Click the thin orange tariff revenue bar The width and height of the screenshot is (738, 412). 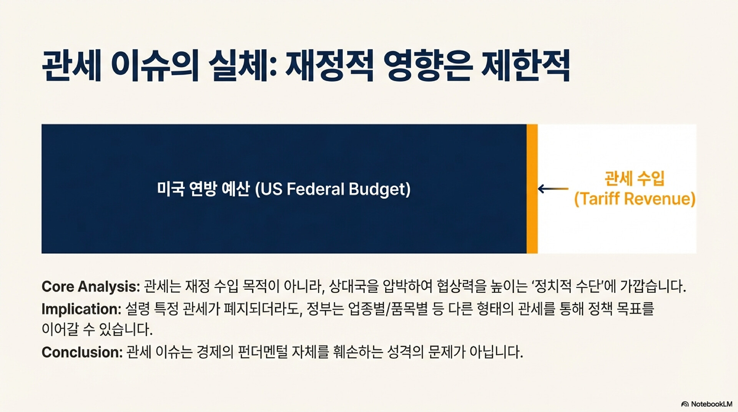pos(532,189)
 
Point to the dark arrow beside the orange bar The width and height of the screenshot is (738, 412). pos(553,189)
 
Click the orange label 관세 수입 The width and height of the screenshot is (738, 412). pos(635,179)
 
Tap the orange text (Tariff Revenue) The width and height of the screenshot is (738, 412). pos(635,199)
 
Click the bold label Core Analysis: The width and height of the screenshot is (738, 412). pos(91,287)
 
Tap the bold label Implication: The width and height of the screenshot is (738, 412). pos(81,309)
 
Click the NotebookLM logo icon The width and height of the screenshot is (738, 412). pos(685,404)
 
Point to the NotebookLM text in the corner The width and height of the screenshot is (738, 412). pos(711,404)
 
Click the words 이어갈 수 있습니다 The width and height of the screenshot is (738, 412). pos(97,329)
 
